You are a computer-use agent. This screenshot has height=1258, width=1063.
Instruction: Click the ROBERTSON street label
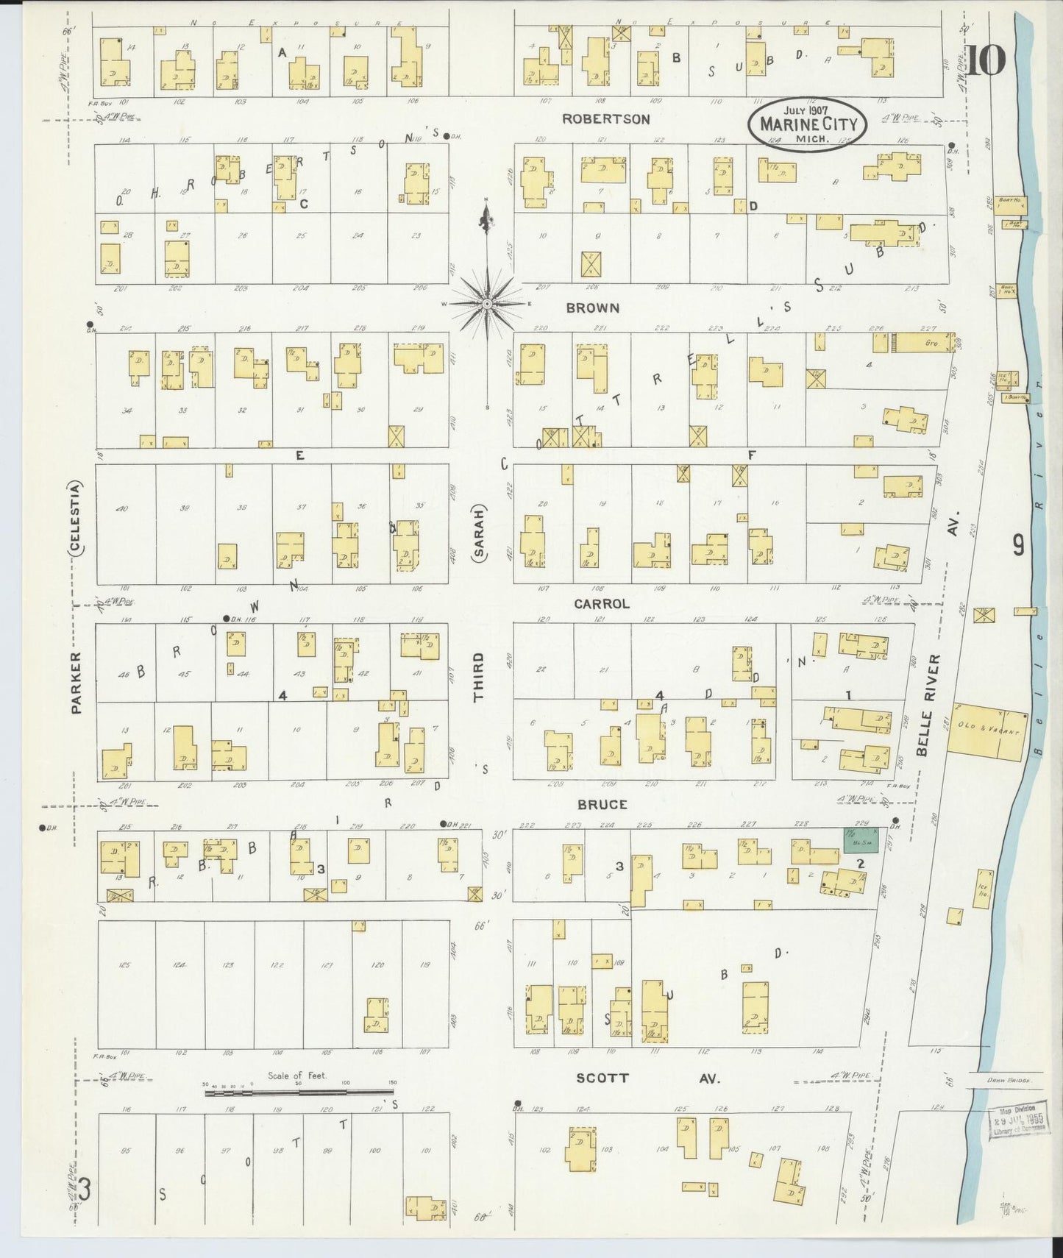607,118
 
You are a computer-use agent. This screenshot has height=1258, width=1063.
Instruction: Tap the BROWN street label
592,308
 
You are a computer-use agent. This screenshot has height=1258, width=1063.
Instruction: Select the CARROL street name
602,604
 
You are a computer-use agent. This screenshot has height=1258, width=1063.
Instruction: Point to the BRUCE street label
602,804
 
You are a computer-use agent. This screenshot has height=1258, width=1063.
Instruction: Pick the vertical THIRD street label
479,678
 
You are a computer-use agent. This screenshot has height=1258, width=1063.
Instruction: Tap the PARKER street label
76,682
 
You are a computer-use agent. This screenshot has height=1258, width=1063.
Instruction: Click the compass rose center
487,303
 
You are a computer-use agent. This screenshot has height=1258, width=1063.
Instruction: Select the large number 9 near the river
1019,545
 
